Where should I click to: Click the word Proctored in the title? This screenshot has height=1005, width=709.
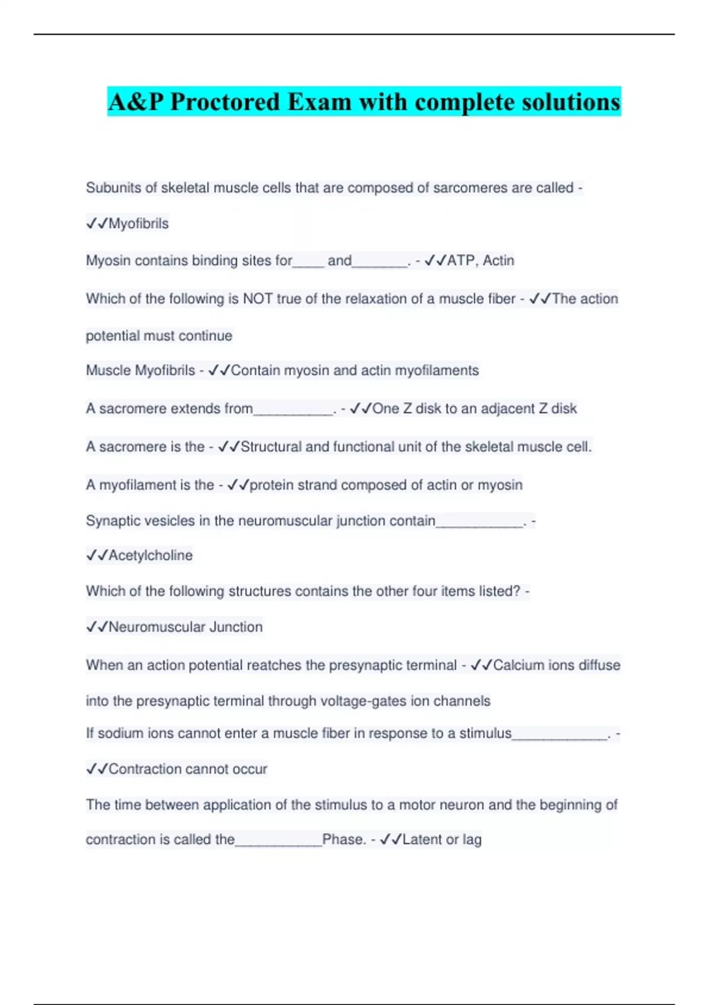point(225,102)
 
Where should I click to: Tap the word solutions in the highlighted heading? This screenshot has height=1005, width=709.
point(570,102)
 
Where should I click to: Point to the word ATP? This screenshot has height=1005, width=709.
point(460,261)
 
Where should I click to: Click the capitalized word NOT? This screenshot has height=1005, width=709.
point(258,299)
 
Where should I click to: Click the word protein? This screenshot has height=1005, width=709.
point(271,485)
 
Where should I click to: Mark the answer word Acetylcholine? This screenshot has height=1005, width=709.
point(151,556)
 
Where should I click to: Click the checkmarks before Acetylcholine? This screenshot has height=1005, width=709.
point(97,556)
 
